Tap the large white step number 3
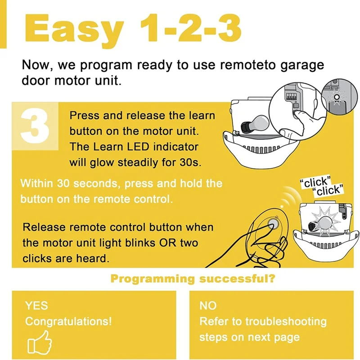pos(35,126)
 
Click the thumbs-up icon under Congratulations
pos(40,342)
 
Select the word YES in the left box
pos(36,306)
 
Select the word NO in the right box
pos(208,306)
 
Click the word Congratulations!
pos(68,321)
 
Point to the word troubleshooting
pos(286,322)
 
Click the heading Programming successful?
pos(193,279)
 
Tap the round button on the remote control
pos(273,223)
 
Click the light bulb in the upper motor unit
pos(255,124)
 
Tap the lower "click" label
pos(329,190)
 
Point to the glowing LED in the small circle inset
pos(337,97)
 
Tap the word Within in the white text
pos(37,184)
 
